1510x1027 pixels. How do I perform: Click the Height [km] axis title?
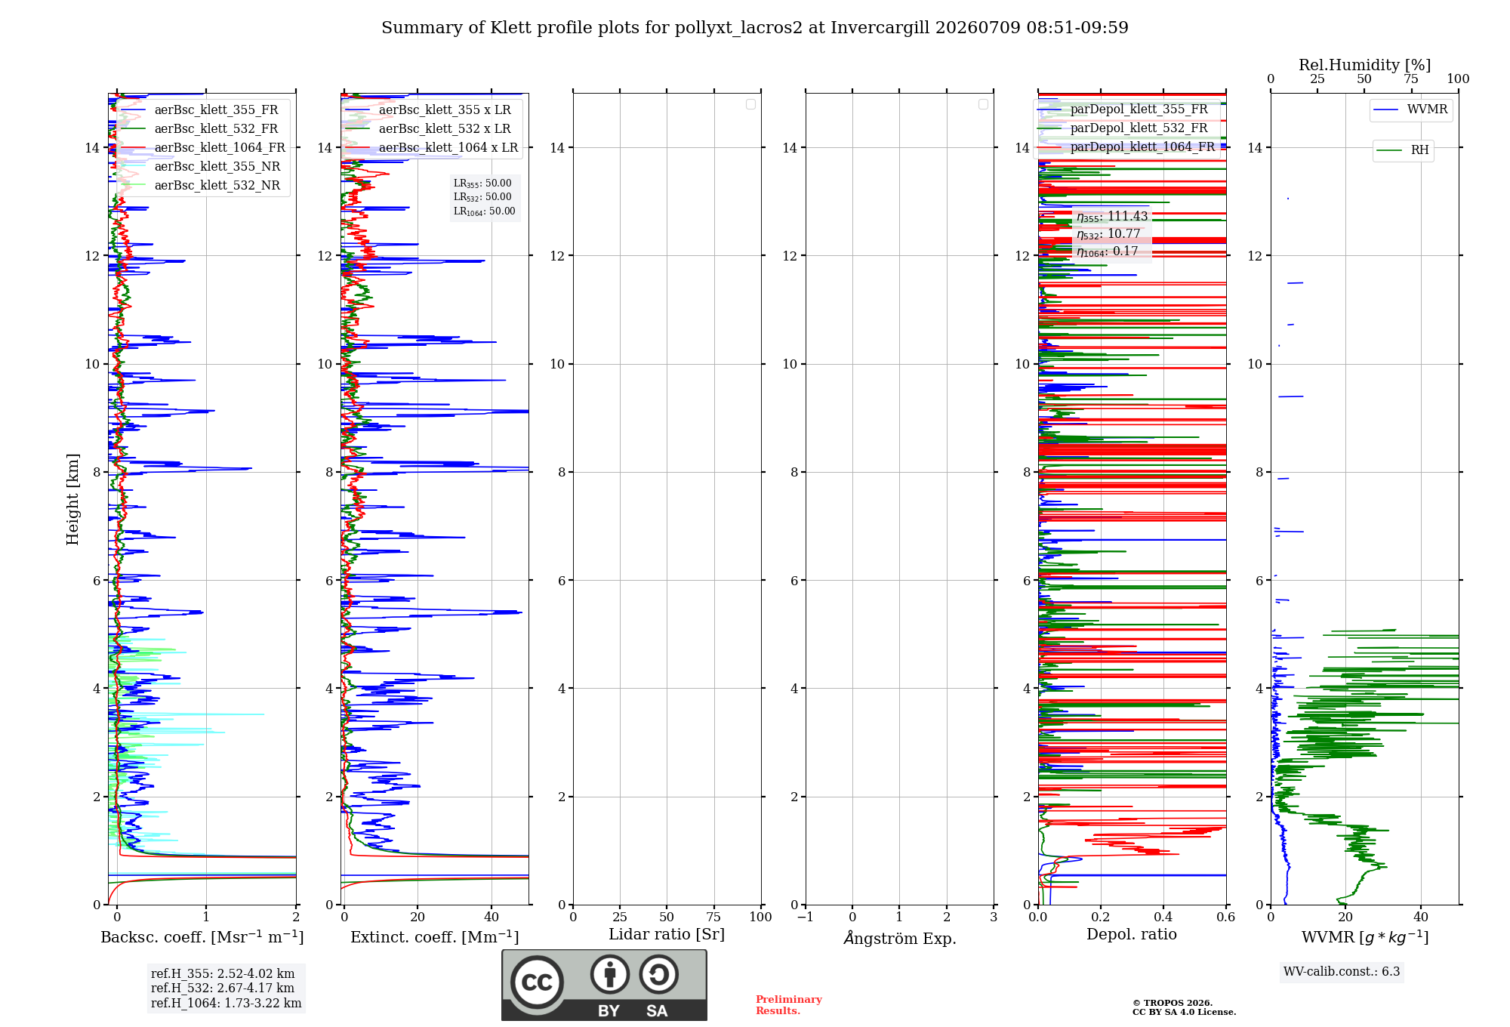(x=72, y=499)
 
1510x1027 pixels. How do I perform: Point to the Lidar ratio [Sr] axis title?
(x=667, y=935)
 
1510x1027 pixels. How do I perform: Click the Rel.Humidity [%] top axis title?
(x=1364, y=65)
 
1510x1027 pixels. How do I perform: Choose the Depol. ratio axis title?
(x=1132, y=935)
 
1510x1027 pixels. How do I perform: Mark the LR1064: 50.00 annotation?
(x=484, y=211)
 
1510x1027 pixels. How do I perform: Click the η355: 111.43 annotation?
(x=1112, y=217)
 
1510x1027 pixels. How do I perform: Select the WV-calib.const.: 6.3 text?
(x=1342, y=972)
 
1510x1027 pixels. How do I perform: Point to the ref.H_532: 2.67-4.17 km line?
(x=223, y=988)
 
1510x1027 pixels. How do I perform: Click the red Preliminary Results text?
(x=789, y=1005)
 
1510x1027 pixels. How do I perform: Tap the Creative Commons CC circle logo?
(x=537, y=982)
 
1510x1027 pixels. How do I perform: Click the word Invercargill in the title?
(x=881, y=28)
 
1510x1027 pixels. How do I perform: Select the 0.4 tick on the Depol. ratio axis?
(x=1163, y=918)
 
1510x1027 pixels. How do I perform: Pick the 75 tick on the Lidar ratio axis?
(x=713, y=918)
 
